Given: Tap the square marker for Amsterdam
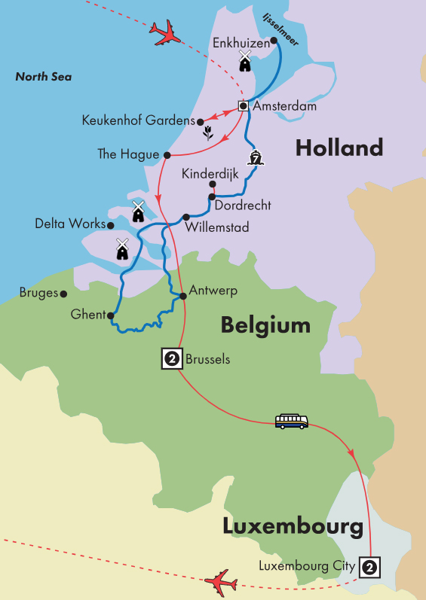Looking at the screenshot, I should (x=244, y=105).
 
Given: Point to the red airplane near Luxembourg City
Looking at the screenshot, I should (x=221, y=582).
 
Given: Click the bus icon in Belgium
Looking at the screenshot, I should (x=291, y=421).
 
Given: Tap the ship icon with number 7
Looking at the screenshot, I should (x=256, y=158).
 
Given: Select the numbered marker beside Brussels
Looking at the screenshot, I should (x=171, y=360).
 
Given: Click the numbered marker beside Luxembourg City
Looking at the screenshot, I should (x=369, y=566).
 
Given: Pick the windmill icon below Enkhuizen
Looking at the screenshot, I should (x=244, y=61).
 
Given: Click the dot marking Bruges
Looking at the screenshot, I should (x=64, y=294).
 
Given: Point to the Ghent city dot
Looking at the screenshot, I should (x=111, y=315).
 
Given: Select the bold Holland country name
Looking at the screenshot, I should (x=339, y=148).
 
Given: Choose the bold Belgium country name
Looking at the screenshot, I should (x=265, y=325).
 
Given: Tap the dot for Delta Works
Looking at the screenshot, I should (x=110, y=224).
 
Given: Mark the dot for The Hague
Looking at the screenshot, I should (x=166, y=154).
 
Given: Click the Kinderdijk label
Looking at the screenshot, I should (x=210, y=174).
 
